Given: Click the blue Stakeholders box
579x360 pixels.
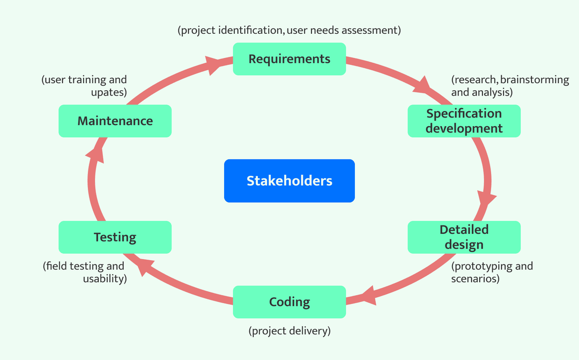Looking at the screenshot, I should [x=289, y=181].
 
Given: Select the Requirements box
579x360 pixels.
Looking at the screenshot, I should [x=289, y=59].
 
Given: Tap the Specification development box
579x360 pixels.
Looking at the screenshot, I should [x=464, y=121].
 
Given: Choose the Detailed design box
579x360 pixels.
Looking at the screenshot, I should [x=464, y=237].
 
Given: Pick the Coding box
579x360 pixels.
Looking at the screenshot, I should [x=289, y=302].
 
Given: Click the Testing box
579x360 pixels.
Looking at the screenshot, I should [x=115, y=237].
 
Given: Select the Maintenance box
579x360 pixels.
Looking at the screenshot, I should [x=115, y=121].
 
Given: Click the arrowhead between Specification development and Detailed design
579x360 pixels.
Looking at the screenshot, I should [x=486, y=199].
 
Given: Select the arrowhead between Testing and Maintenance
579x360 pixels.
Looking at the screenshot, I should [x=95, y=156].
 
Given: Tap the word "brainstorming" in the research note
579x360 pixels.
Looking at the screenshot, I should [x=535, y=80].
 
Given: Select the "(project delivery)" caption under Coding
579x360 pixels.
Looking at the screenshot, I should [x=289, y=331].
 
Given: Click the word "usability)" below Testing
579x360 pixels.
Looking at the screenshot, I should [x=105, y=279].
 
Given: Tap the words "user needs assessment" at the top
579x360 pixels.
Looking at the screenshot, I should [x=344, y=30].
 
